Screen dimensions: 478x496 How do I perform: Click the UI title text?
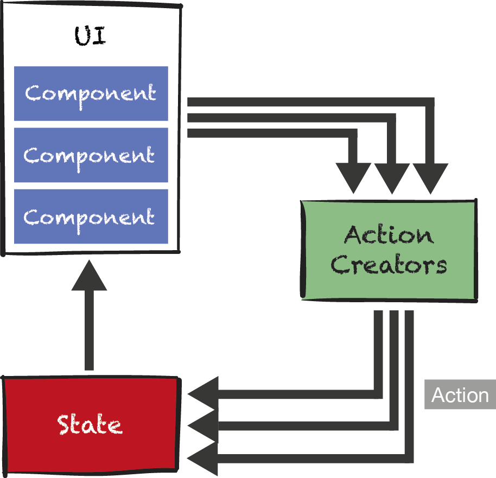[x=90, y=36]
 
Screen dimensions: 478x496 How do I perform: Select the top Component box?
[x=91, y=93]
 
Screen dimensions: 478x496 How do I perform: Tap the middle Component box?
[x=91, y=155]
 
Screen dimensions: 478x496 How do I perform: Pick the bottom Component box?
[x=91, y=216]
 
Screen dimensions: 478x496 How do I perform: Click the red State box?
[x=90, y=423]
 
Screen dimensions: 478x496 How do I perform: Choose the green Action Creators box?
[x=389, y=250]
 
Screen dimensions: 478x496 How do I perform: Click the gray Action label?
[x=460, y=394]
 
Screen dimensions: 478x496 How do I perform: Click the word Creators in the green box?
[x=389, y=265]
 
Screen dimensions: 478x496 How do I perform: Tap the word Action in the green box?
[x=389, y=235]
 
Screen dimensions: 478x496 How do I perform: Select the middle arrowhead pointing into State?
[x=203, y=426]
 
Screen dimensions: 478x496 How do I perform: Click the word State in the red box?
[x=90, y=424]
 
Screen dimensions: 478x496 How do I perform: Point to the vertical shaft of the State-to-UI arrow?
[x=89, y=331]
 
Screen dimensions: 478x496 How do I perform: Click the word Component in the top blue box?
[x=91, y=93]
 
